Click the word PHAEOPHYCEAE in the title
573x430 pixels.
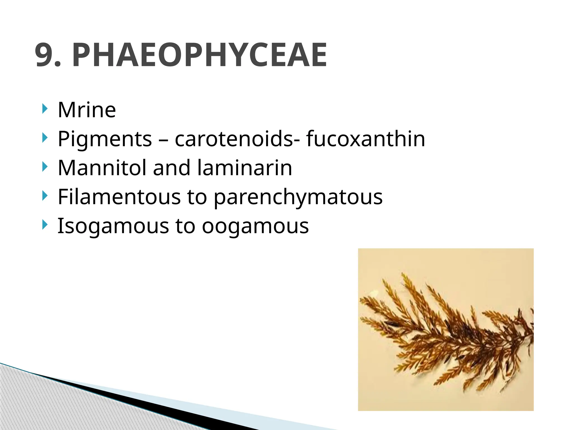tap(199, 55)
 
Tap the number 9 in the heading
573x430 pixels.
tap(44, 55)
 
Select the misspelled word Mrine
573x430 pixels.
tap(87, 110)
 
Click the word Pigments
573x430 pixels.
tap(105, 139)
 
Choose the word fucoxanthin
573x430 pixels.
tap(365, 139)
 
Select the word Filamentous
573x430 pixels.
tap(119, 197)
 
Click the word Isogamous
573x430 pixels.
tap(113, 226)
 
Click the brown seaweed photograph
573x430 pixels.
tap(446, 329)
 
